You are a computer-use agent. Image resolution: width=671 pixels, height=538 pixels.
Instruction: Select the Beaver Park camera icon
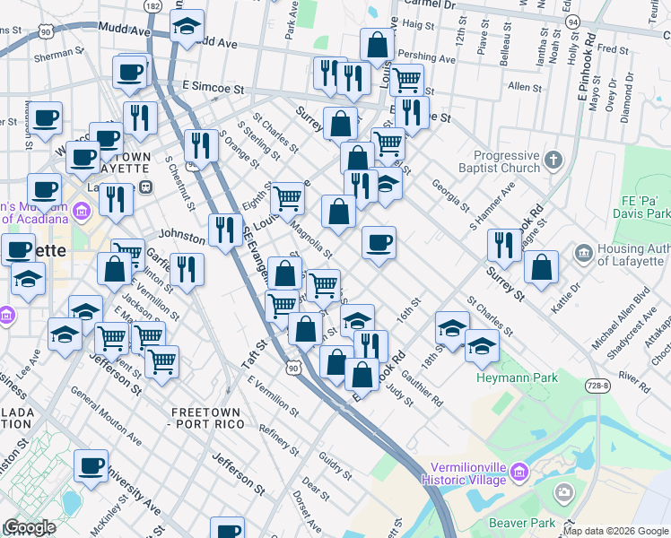(x=564, y=491)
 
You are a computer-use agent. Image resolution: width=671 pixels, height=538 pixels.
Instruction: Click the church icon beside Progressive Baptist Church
(x=553, y=161)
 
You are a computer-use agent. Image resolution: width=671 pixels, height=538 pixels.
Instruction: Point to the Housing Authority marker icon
(x=584, y=254)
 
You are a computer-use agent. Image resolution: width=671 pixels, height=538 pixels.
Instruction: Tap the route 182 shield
(x=152, y=6)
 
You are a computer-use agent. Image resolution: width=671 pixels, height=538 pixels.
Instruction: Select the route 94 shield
(x=573, y=21)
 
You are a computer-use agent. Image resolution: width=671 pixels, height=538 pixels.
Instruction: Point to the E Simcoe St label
(x=213, y=89)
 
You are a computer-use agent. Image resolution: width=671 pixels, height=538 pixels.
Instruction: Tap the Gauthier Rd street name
(x=422, y=386)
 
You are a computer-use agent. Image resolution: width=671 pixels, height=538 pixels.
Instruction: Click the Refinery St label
(x=278, y=443)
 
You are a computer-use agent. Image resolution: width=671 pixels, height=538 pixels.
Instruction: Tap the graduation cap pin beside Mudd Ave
(x=187, y=28)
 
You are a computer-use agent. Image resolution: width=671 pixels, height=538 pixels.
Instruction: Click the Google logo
(x=30, y=527)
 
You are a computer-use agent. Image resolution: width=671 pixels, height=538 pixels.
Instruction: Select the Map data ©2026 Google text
(x=616, y=531)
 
